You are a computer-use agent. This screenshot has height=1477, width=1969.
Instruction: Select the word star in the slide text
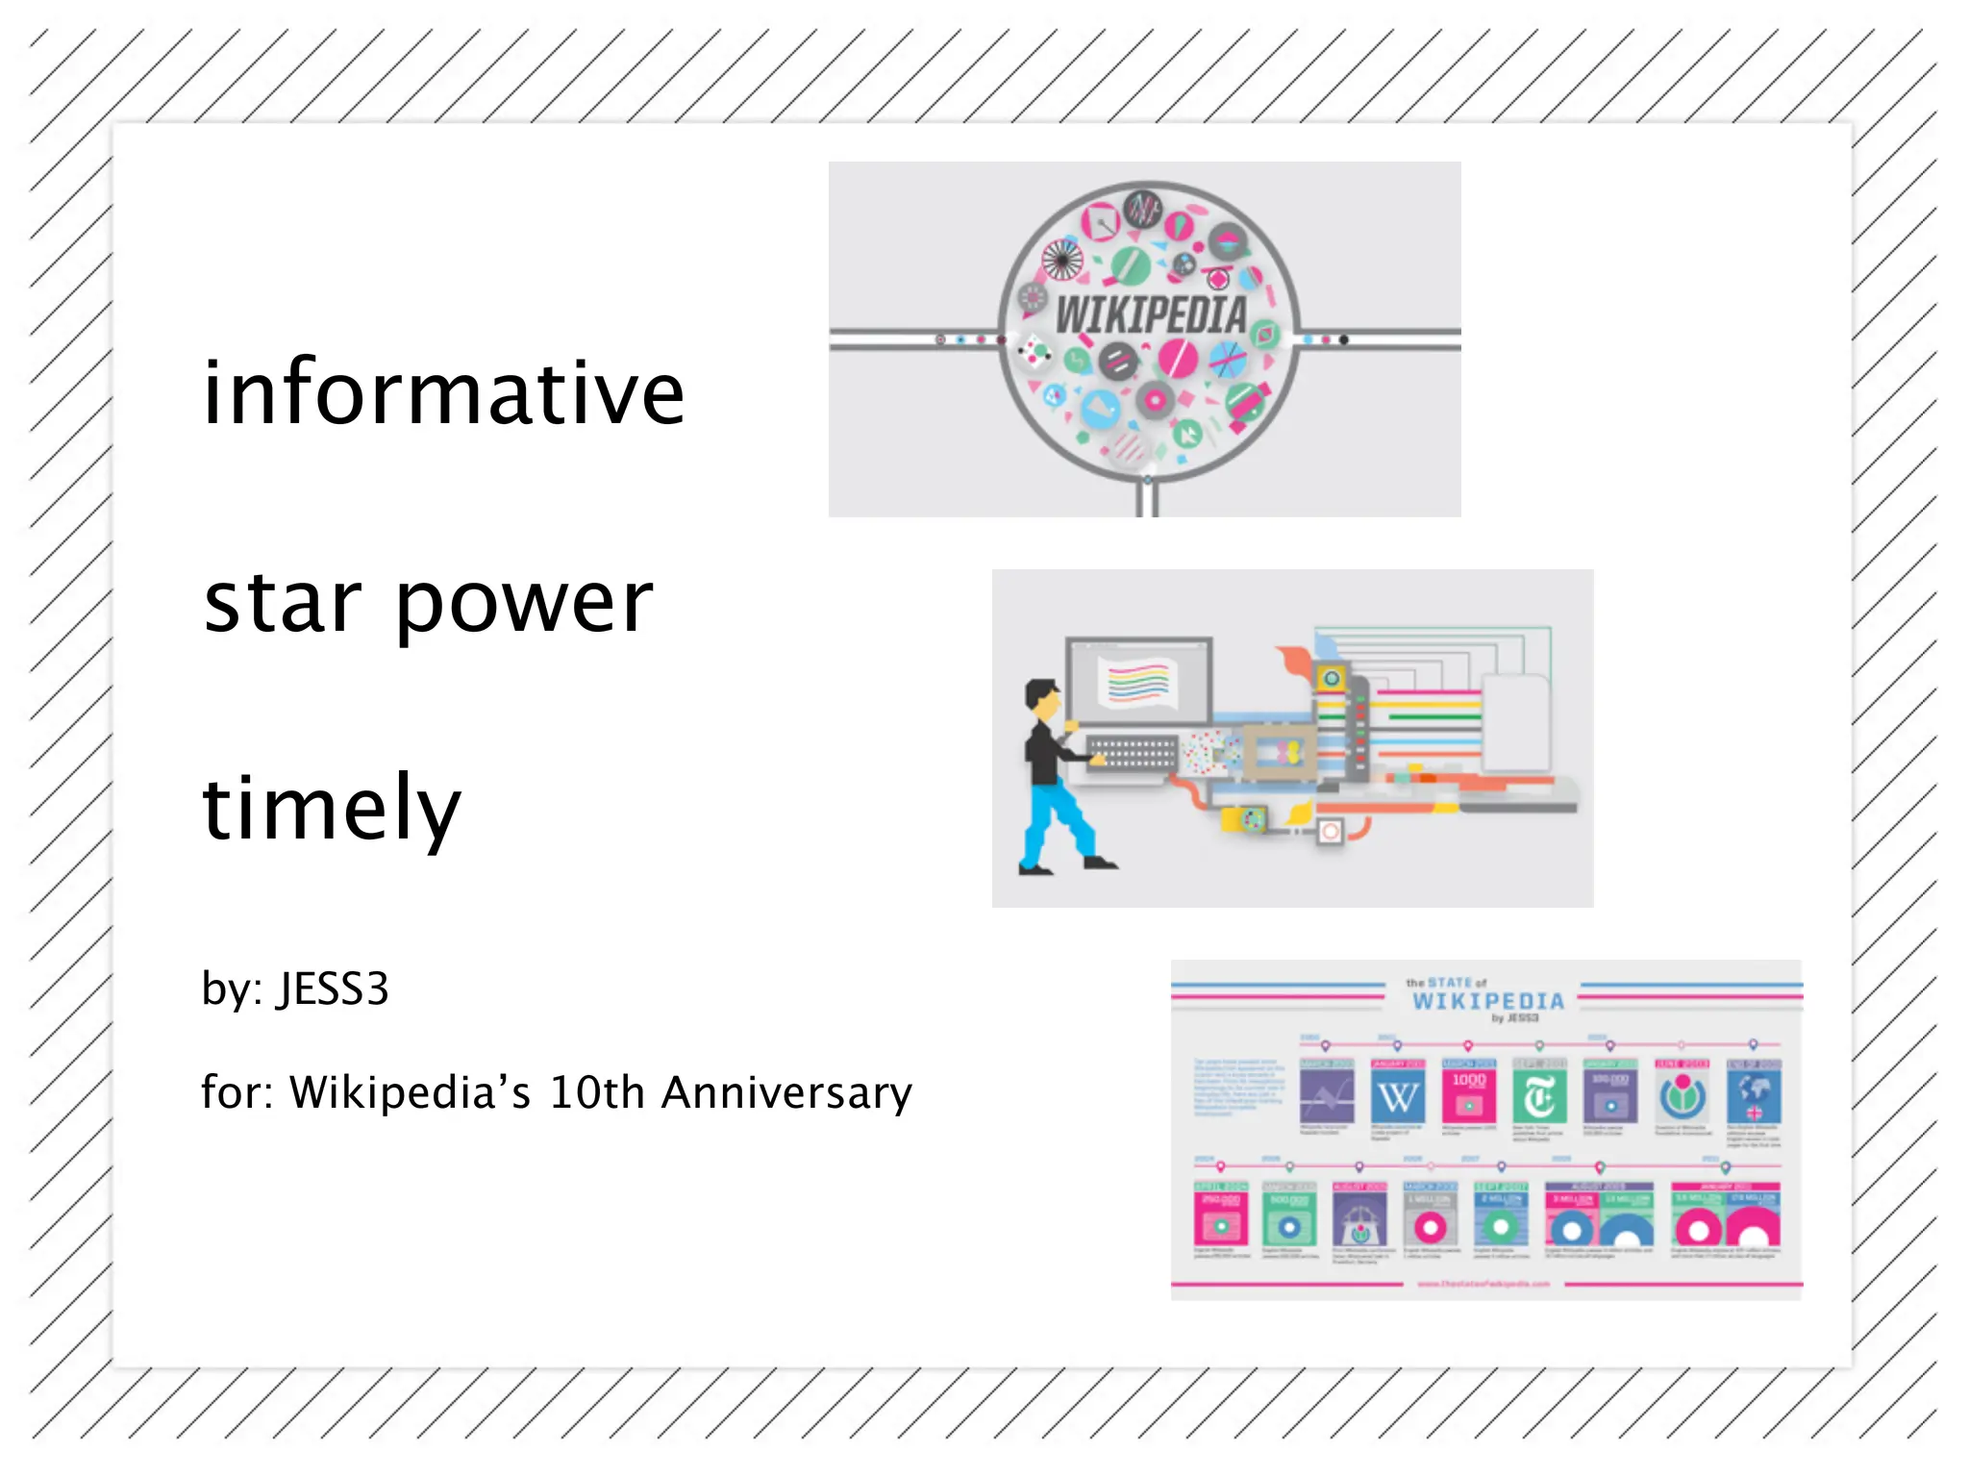pos(283,603)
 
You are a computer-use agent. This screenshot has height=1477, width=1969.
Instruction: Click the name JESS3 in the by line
pos(333,989)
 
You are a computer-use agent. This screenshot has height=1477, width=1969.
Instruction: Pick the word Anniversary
pos(786,1093)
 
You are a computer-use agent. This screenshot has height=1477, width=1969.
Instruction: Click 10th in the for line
pos(596,1093)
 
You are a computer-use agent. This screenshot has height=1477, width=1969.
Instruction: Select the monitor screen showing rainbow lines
pos(1138,682)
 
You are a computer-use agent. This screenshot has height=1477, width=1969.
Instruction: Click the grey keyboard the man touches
pos(1132,751)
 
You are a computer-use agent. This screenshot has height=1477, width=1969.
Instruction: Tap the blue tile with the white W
pos(1397,1097)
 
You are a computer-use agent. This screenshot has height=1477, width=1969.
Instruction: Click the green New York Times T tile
pos(1539,1097)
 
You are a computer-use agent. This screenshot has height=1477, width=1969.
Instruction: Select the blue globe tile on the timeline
pos(1754,1097)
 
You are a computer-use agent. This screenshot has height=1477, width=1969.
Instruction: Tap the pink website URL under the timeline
pos(1483,1284)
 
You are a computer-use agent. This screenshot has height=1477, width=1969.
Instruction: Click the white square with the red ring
pos(1331,831)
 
